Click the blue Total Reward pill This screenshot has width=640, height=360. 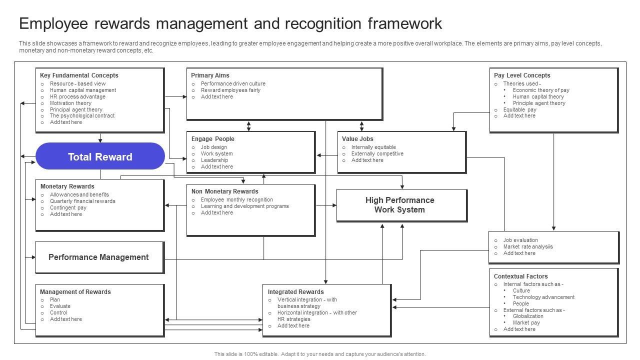coord(100,156)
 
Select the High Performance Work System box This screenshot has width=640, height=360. coord(402,205)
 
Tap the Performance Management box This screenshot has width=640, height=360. coord(99,257)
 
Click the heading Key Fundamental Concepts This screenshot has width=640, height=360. coord(79,75)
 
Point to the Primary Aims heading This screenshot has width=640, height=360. coord(210,75)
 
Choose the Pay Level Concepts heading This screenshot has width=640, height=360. coord(522,75)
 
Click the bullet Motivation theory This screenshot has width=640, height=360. coord(70,103)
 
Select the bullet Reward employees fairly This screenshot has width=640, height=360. coord(230,90)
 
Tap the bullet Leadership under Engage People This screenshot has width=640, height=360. coord(214,160)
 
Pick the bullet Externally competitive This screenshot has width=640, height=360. coord(377,153)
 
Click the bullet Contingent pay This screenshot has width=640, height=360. coord(68,207)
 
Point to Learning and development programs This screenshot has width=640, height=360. coord(244,206)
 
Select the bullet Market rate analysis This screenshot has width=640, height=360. coord(528,247)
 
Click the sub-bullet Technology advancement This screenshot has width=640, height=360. coord(543,297)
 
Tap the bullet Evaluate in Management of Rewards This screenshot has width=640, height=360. coord(60,306)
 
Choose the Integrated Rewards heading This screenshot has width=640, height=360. coord(295,292)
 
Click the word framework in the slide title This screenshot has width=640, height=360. coord(405,23)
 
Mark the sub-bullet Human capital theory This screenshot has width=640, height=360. coord(538,97)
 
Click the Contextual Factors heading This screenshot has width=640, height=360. coord(520,276)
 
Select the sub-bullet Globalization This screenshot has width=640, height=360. coord(528,316)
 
